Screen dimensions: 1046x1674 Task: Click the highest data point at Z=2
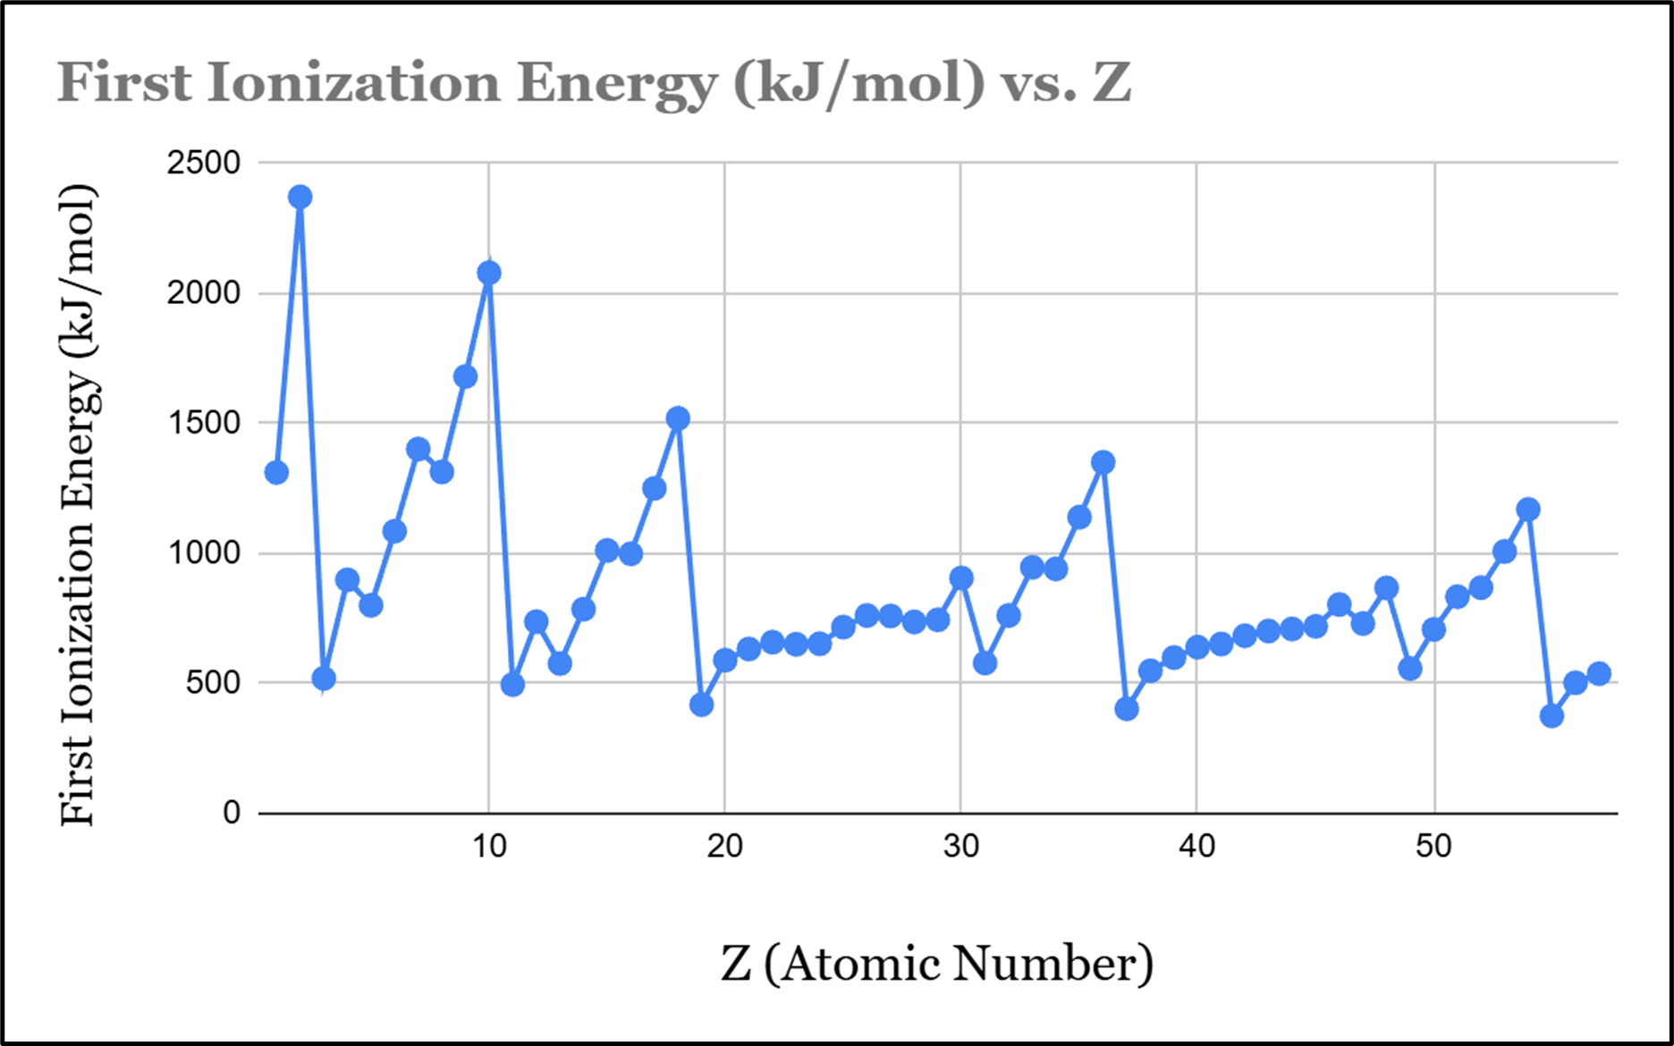pyautogui.click(x=300, y=197)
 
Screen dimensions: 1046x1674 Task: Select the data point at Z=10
pyautogui.click(x=488, y=273)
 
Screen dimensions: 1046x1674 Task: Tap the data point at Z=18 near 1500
pyautogui.click(x=678, y=418)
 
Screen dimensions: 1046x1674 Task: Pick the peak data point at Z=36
pyautogui.click(x=1103, y=462)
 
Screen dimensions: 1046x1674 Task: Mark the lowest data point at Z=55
pyautogui.click(x=1551, y=715)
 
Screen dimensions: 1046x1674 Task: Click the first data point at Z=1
pyautogui.click(x=276, y=472)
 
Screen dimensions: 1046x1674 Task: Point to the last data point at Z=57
pyautogui.click(x=1599, y=673)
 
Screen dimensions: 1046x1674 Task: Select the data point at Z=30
pyautogui.click(x=961, y=578)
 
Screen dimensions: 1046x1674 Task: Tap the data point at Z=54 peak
pyautogui.click(x=1528, y=510)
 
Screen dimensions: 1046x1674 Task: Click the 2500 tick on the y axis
pyautogui.click(x=204, y=163)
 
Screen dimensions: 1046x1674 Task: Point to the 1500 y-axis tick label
pyautogui.click(x=204, y=423)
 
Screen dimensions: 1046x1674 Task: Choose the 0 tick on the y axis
pyautogui.click(x=232, y=813)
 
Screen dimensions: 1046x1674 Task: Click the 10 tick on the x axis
pyautogui.click(x=489, y=846)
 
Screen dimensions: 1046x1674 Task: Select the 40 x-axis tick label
pyautogui.click(x=1196, y=846)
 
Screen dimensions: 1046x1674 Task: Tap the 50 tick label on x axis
pyautogui.click(x=1433, y=846)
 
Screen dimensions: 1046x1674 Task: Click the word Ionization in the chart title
pyautogui.click(x=354, y=83)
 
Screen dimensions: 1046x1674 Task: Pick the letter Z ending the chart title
pyautogui.click(x=1112, y=83)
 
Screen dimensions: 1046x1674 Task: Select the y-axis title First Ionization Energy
pyautogui.click(x=79, y=505)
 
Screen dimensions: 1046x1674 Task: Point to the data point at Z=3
pyautogui.click(x=324, y=679)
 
